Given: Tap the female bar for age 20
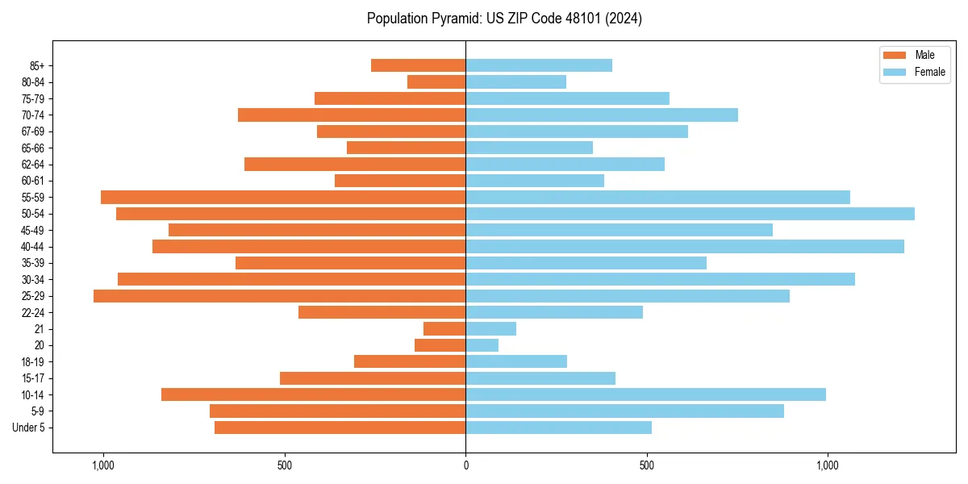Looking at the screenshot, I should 482,345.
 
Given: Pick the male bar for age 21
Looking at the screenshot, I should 444,329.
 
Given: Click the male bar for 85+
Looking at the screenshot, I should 418,65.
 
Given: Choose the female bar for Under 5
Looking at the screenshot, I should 558,428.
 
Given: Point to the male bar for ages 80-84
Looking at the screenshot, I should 436,82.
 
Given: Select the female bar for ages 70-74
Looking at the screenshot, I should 601,115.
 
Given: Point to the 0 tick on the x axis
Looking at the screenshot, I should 465,465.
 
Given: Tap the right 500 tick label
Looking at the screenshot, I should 646,465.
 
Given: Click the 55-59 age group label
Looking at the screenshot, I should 32,198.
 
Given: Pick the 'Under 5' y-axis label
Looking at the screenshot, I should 28,428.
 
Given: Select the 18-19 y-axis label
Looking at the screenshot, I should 32,362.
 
